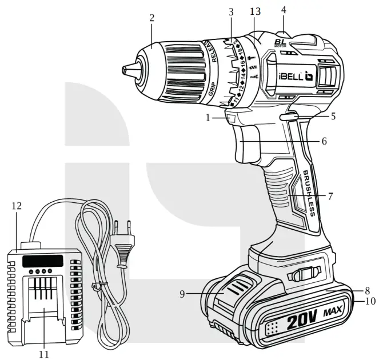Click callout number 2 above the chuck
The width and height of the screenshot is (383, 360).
152,17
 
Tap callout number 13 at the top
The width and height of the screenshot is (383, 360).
254,12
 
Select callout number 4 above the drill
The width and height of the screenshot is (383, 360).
284,10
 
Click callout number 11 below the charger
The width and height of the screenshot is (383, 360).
44,354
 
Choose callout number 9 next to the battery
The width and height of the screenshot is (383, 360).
182,294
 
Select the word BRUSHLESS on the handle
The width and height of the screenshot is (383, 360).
309,194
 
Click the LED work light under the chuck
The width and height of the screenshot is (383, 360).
231,119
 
